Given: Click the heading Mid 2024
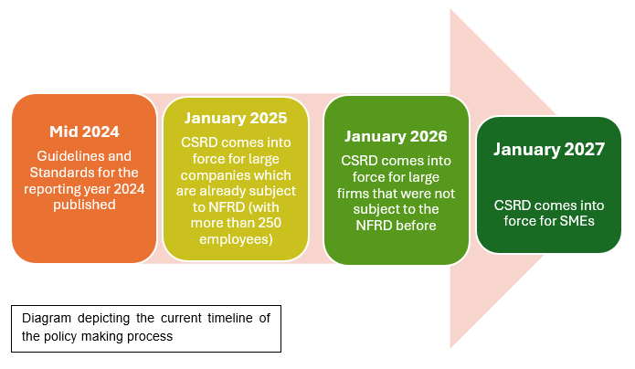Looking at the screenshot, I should (x=83, y=130).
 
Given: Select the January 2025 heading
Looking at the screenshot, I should (x=236, y=118).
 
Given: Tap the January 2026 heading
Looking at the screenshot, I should (x=396, y=136).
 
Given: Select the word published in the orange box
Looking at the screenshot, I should (x=83, y=205).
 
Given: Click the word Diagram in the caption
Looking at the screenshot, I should (x=48, y=319).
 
